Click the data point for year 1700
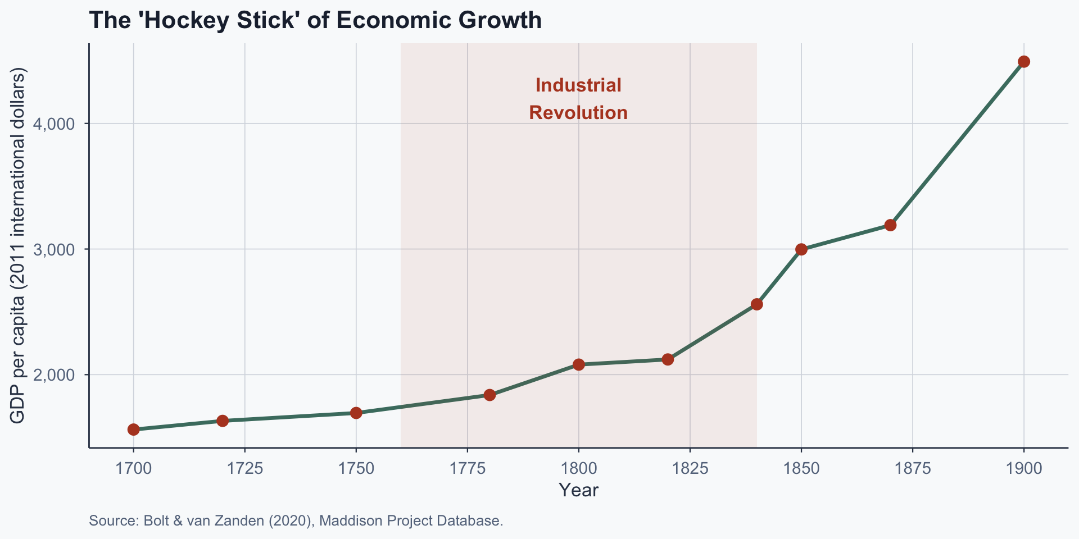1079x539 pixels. [x=133, y=430]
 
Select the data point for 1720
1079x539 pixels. [x=223, y=421]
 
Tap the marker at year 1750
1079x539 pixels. [x=356, y=413]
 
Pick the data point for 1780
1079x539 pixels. [x=489, y=395]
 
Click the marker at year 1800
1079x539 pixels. [x=579, y=364]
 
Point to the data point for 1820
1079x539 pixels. [x=668, y=359]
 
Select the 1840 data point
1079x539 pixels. [x=757, y=304]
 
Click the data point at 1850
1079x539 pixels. [x=801, y=249]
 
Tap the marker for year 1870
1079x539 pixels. [x=890, y=225]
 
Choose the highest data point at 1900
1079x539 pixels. [x=1024, y=62]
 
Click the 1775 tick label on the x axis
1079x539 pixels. [x=467, y=468]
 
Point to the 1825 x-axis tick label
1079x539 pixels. [x=690, y=468]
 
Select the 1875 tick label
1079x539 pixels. [x=912, y=468]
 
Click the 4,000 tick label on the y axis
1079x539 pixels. [x=58, y=124]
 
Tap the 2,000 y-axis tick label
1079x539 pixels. [x=58, y=375]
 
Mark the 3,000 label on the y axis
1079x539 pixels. [x=58, y=249]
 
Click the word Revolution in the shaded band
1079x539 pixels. [x=578, y=113]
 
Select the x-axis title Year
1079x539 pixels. [x=578, y=490]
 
